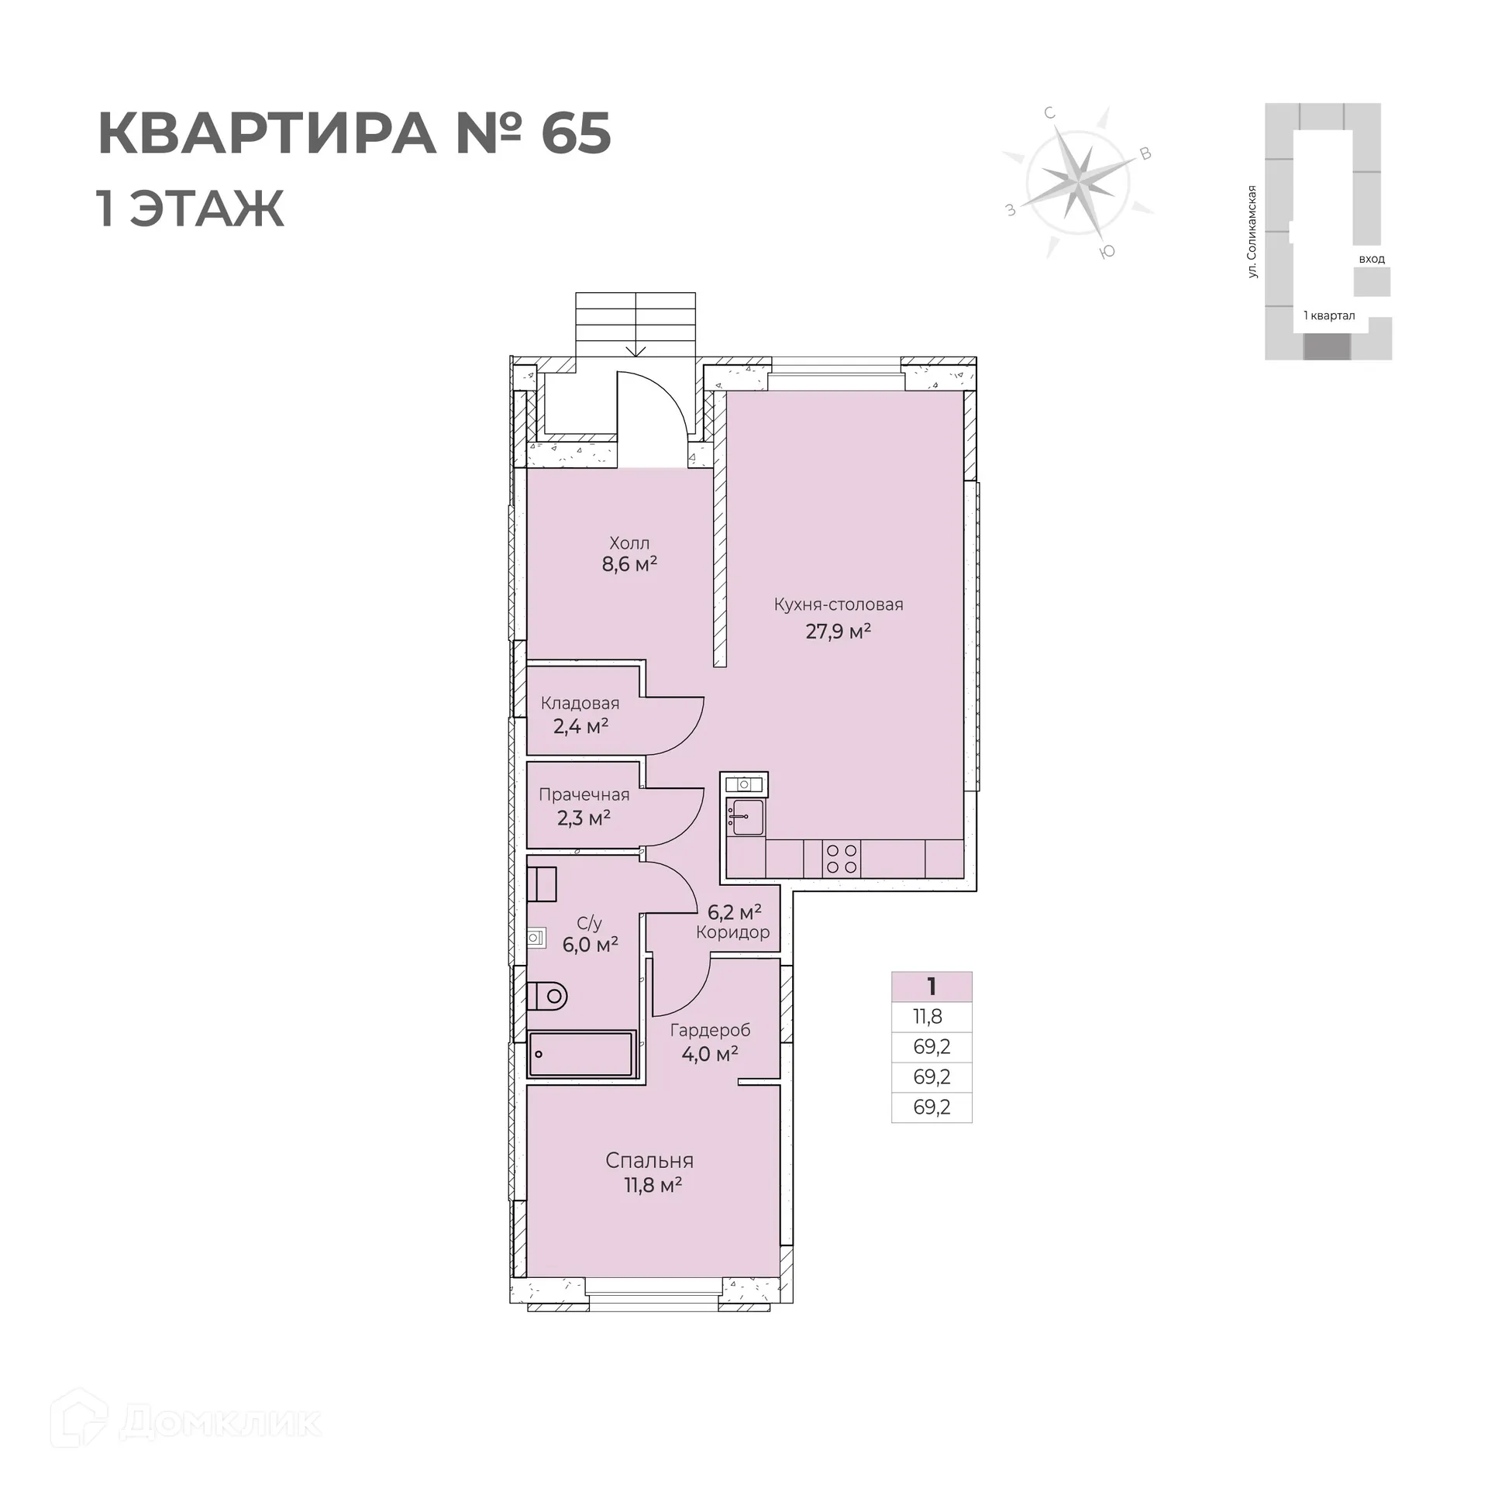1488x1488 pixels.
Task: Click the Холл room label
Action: tap(629, 543)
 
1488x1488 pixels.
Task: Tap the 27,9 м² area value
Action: tap(838, 632)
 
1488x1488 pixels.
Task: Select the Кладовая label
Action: tap(580, 704)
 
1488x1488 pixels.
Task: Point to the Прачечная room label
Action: tap(584, 794)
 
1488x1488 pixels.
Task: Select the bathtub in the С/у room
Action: tap(581, 1054)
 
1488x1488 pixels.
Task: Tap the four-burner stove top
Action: tap(842, 859)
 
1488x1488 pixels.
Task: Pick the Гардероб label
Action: tap(710, 1031)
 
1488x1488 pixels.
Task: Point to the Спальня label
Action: tap(649, 1160)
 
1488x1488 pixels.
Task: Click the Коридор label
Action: tap(732, 932)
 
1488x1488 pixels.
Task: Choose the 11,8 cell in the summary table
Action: tap(928, 1017)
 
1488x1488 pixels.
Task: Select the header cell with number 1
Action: tap(932, 987)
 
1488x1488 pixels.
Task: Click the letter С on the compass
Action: tap(1050, 113)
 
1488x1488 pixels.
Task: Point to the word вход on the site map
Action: tap(1372, 259)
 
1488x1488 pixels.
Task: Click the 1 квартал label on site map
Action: tap(1329, 315)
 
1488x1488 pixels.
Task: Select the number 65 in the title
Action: tap(575, 133)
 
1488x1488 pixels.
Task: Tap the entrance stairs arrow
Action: tap(635, 349)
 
